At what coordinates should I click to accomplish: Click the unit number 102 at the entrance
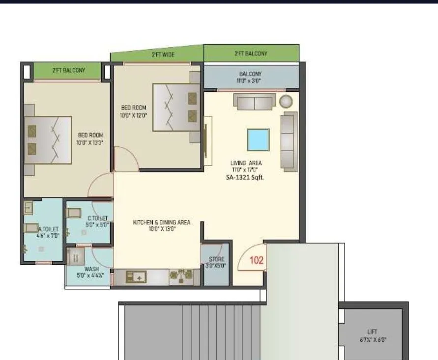[x=257, y=260]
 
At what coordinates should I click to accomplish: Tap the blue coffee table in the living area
[x=258, y=140]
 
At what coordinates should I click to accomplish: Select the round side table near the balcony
[x=286, y=102]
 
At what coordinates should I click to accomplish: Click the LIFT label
[x=372, y=332]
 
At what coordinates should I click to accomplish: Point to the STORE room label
[x=216, y=259]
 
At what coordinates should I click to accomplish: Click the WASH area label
[x=91, y=269]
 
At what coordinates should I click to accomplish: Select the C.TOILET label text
[x=97, y=219]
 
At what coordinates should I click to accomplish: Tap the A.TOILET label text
[x=48, y=229]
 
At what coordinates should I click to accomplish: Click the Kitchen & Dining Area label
[x=161, y=222]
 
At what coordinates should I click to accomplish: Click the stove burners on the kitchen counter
[x=181, y=277]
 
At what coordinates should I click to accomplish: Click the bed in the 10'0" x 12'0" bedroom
[x=176, y=107]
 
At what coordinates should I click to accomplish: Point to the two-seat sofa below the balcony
[x=254, y=103]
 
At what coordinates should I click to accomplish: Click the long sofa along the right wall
[x=289, y=141]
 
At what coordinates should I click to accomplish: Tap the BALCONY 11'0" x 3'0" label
[x=250, y=77]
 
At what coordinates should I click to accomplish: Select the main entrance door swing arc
[x=250, y=258]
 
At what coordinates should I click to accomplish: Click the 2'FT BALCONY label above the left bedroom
[x=68, y=70]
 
